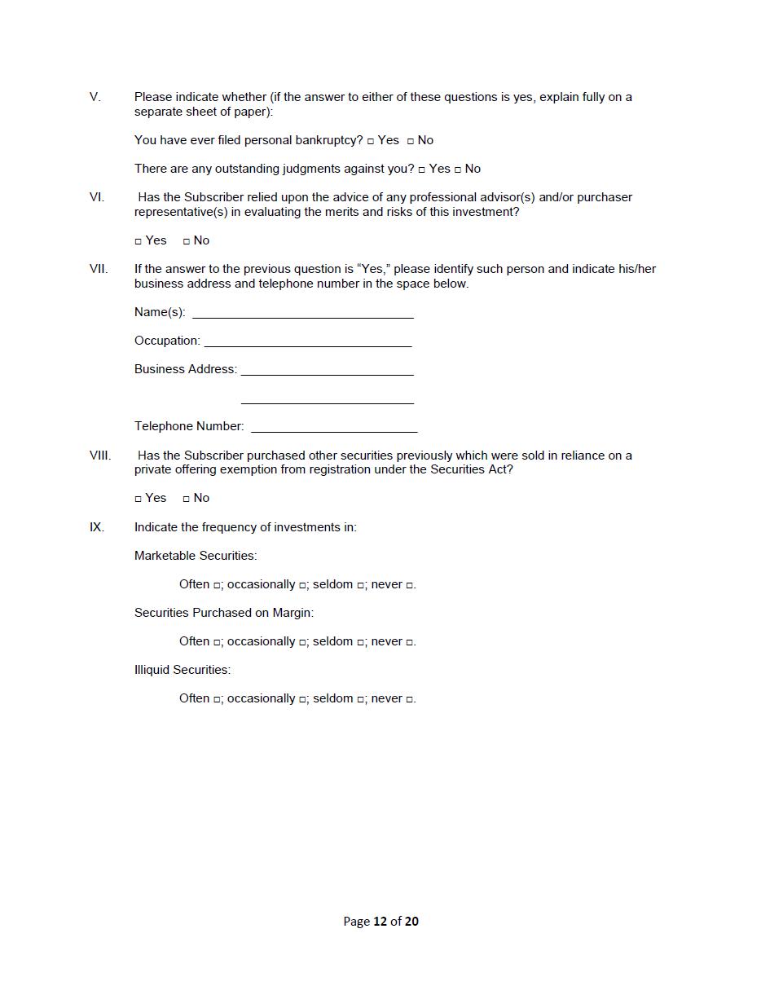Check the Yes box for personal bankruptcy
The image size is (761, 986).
coord(371,142)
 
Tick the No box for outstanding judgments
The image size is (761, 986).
coord(458,170)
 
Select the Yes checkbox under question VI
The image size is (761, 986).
coord(138,242)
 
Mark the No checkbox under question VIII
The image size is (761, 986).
coord(187,500)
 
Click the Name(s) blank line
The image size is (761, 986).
coord(302,312)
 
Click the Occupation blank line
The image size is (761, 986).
coord(307,341)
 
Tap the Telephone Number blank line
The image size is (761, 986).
coord(334,426)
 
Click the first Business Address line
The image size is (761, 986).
coord(327,369)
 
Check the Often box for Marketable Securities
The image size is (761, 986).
coord(218,586)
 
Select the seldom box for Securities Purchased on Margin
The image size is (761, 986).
coord(360,643)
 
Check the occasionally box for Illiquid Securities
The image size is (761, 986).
coord(302,700)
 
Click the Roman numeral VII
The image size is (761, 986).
coord(98,269)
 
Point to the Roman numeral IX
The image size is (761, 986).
coord(97,527)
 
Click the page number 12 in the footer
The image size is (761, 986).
coord(380,922)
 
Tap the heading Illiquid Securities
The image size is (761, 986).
coord(182,670)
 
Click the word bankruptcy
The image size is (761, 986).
coord(328,140)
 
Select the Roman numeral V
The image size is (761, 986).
coord(95,97)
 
